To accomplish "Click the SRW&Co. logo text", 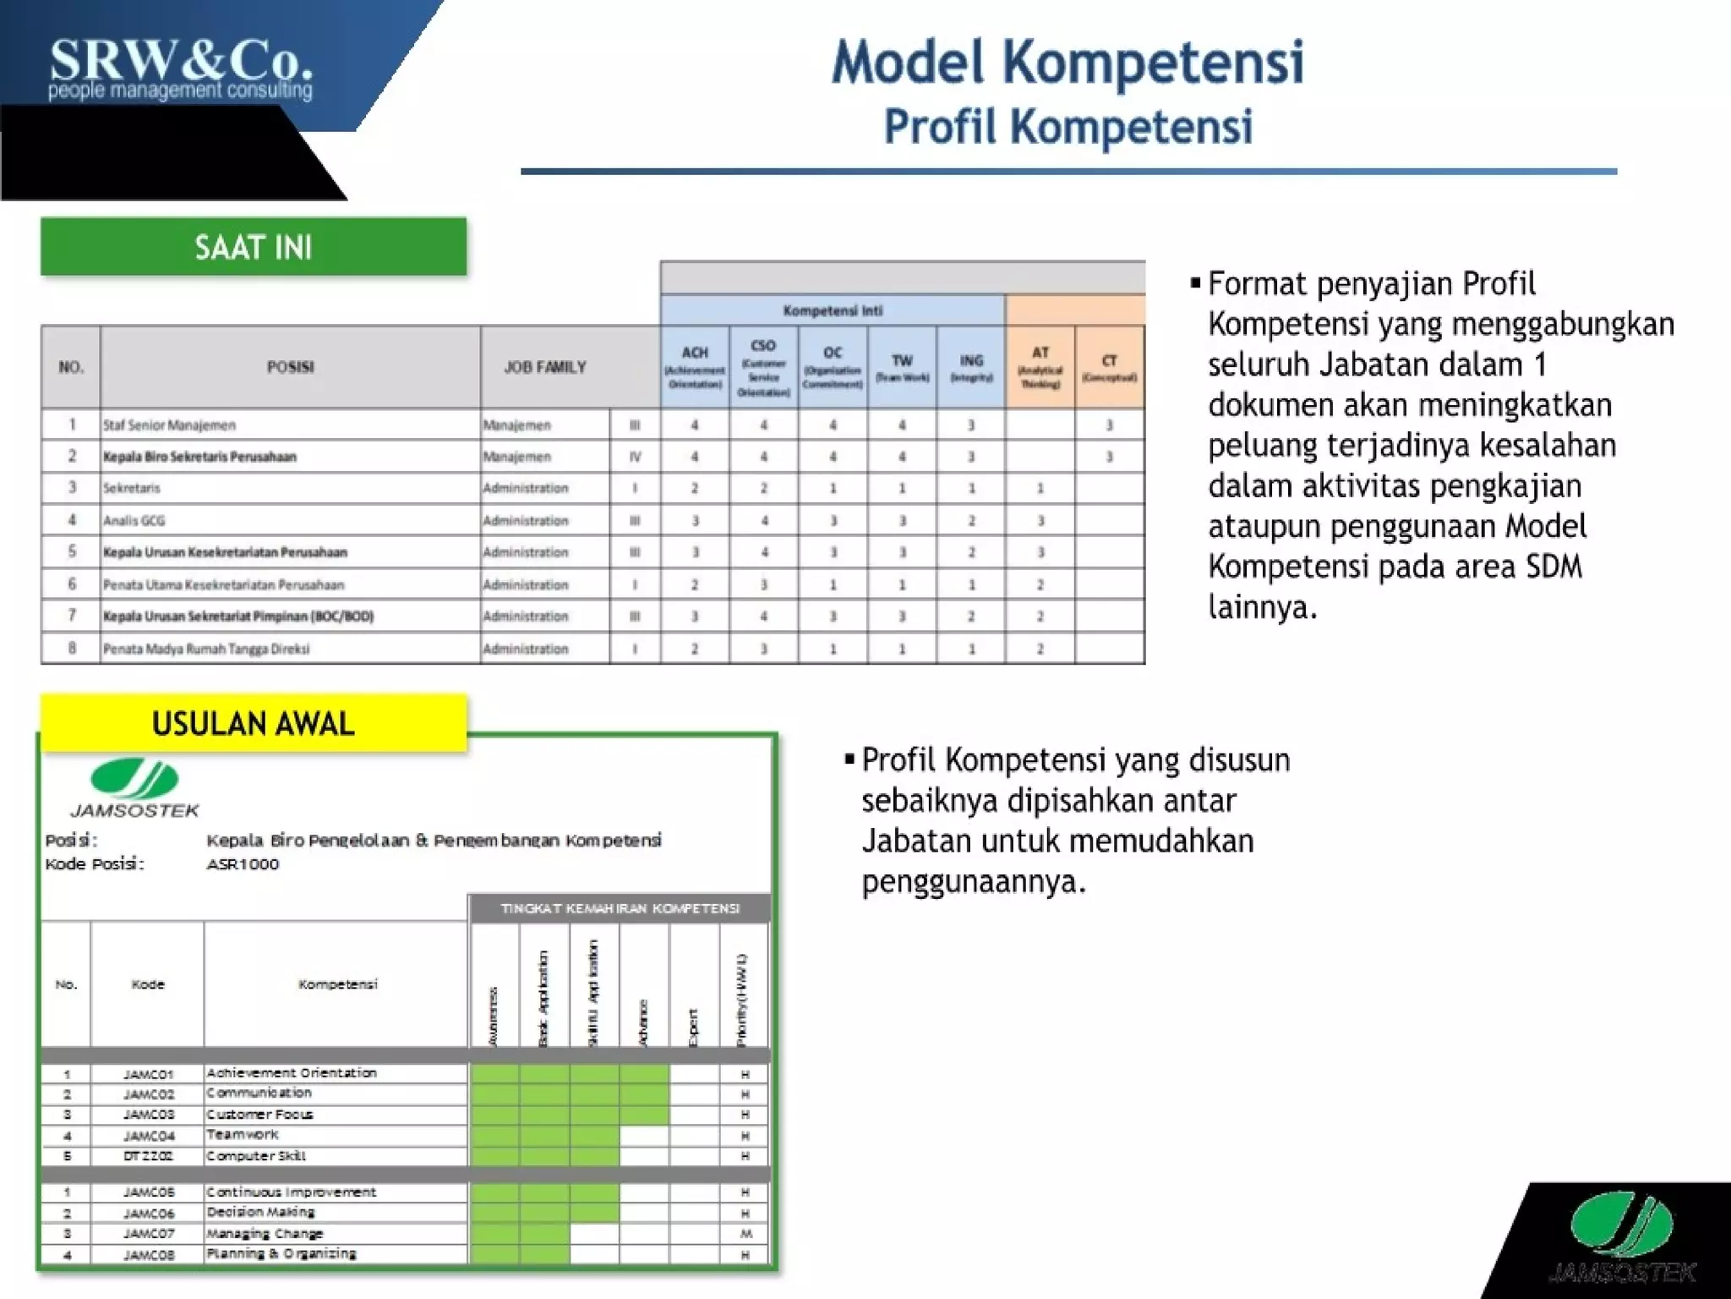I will [181, 63].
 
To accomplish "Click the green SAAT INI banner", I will [254, 247].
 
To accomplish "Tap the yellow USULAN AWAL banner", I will [254, 724].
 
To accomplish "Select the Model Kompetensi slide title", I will [1068, 63].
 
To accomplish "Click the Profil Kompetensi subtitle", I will [1068, 127].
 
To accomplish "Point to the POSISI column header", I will [290, 367].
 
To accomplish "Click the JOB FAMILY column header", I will [545, 367].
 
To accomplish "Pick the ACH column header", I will [695, 366].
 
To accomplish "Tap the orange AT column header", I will [1040, 366].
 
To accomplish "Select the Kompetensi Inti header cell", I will [833, 310].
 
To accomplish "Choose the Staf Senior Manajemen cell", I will [169, 425].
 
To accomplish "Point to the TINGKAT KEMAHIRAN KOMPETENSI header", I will [620, 908].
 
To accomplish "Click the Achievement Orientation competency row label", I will [292, 1073].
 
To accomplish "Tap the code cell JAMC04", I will [148, 1136].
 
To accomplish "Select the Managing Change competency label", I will [265, 1234].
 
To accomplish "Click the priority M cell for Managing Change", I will [745, 1234].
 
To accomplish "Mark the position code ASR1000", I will [243, 864].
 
